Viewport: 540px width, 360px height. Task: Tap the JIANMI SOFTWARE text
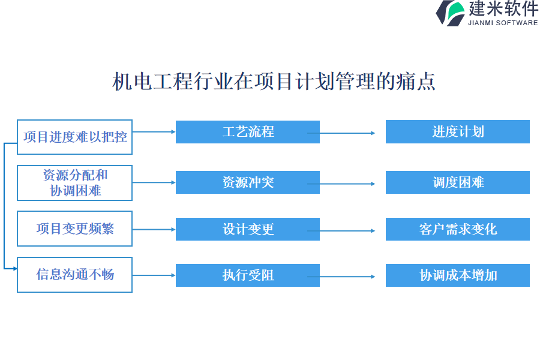503,23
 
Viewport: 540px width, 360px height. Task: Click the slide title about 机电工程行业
274,81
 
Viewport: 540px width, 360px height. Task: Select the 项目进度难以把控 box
74,137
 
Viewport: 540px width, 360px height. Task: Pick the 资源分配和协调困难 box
74,183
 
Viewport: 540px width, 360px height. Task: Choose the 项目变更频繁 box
74,229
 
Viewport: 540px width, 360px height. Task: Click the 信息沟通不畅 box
74,275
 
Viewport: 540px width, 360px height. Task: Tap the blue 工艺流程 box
247,132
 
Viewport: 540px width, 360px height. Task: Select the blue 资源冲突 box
247,182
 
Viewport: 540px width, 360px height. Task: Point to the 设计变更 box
247,229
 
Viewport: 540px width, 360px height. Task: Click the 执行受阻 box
247,275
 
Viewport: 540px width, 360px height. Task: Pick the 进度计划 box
457,132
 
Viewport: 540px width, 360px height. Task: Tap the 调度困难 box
457,182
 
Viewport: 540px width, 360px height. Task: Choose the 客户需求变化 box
457,229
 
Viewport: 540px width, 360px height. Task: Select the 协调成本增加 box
457,275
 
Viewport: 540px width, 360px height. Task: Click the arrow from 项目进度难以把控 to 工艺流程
154,131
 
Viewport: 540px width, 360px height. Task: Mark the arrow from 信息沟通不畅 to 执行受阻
154,275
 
